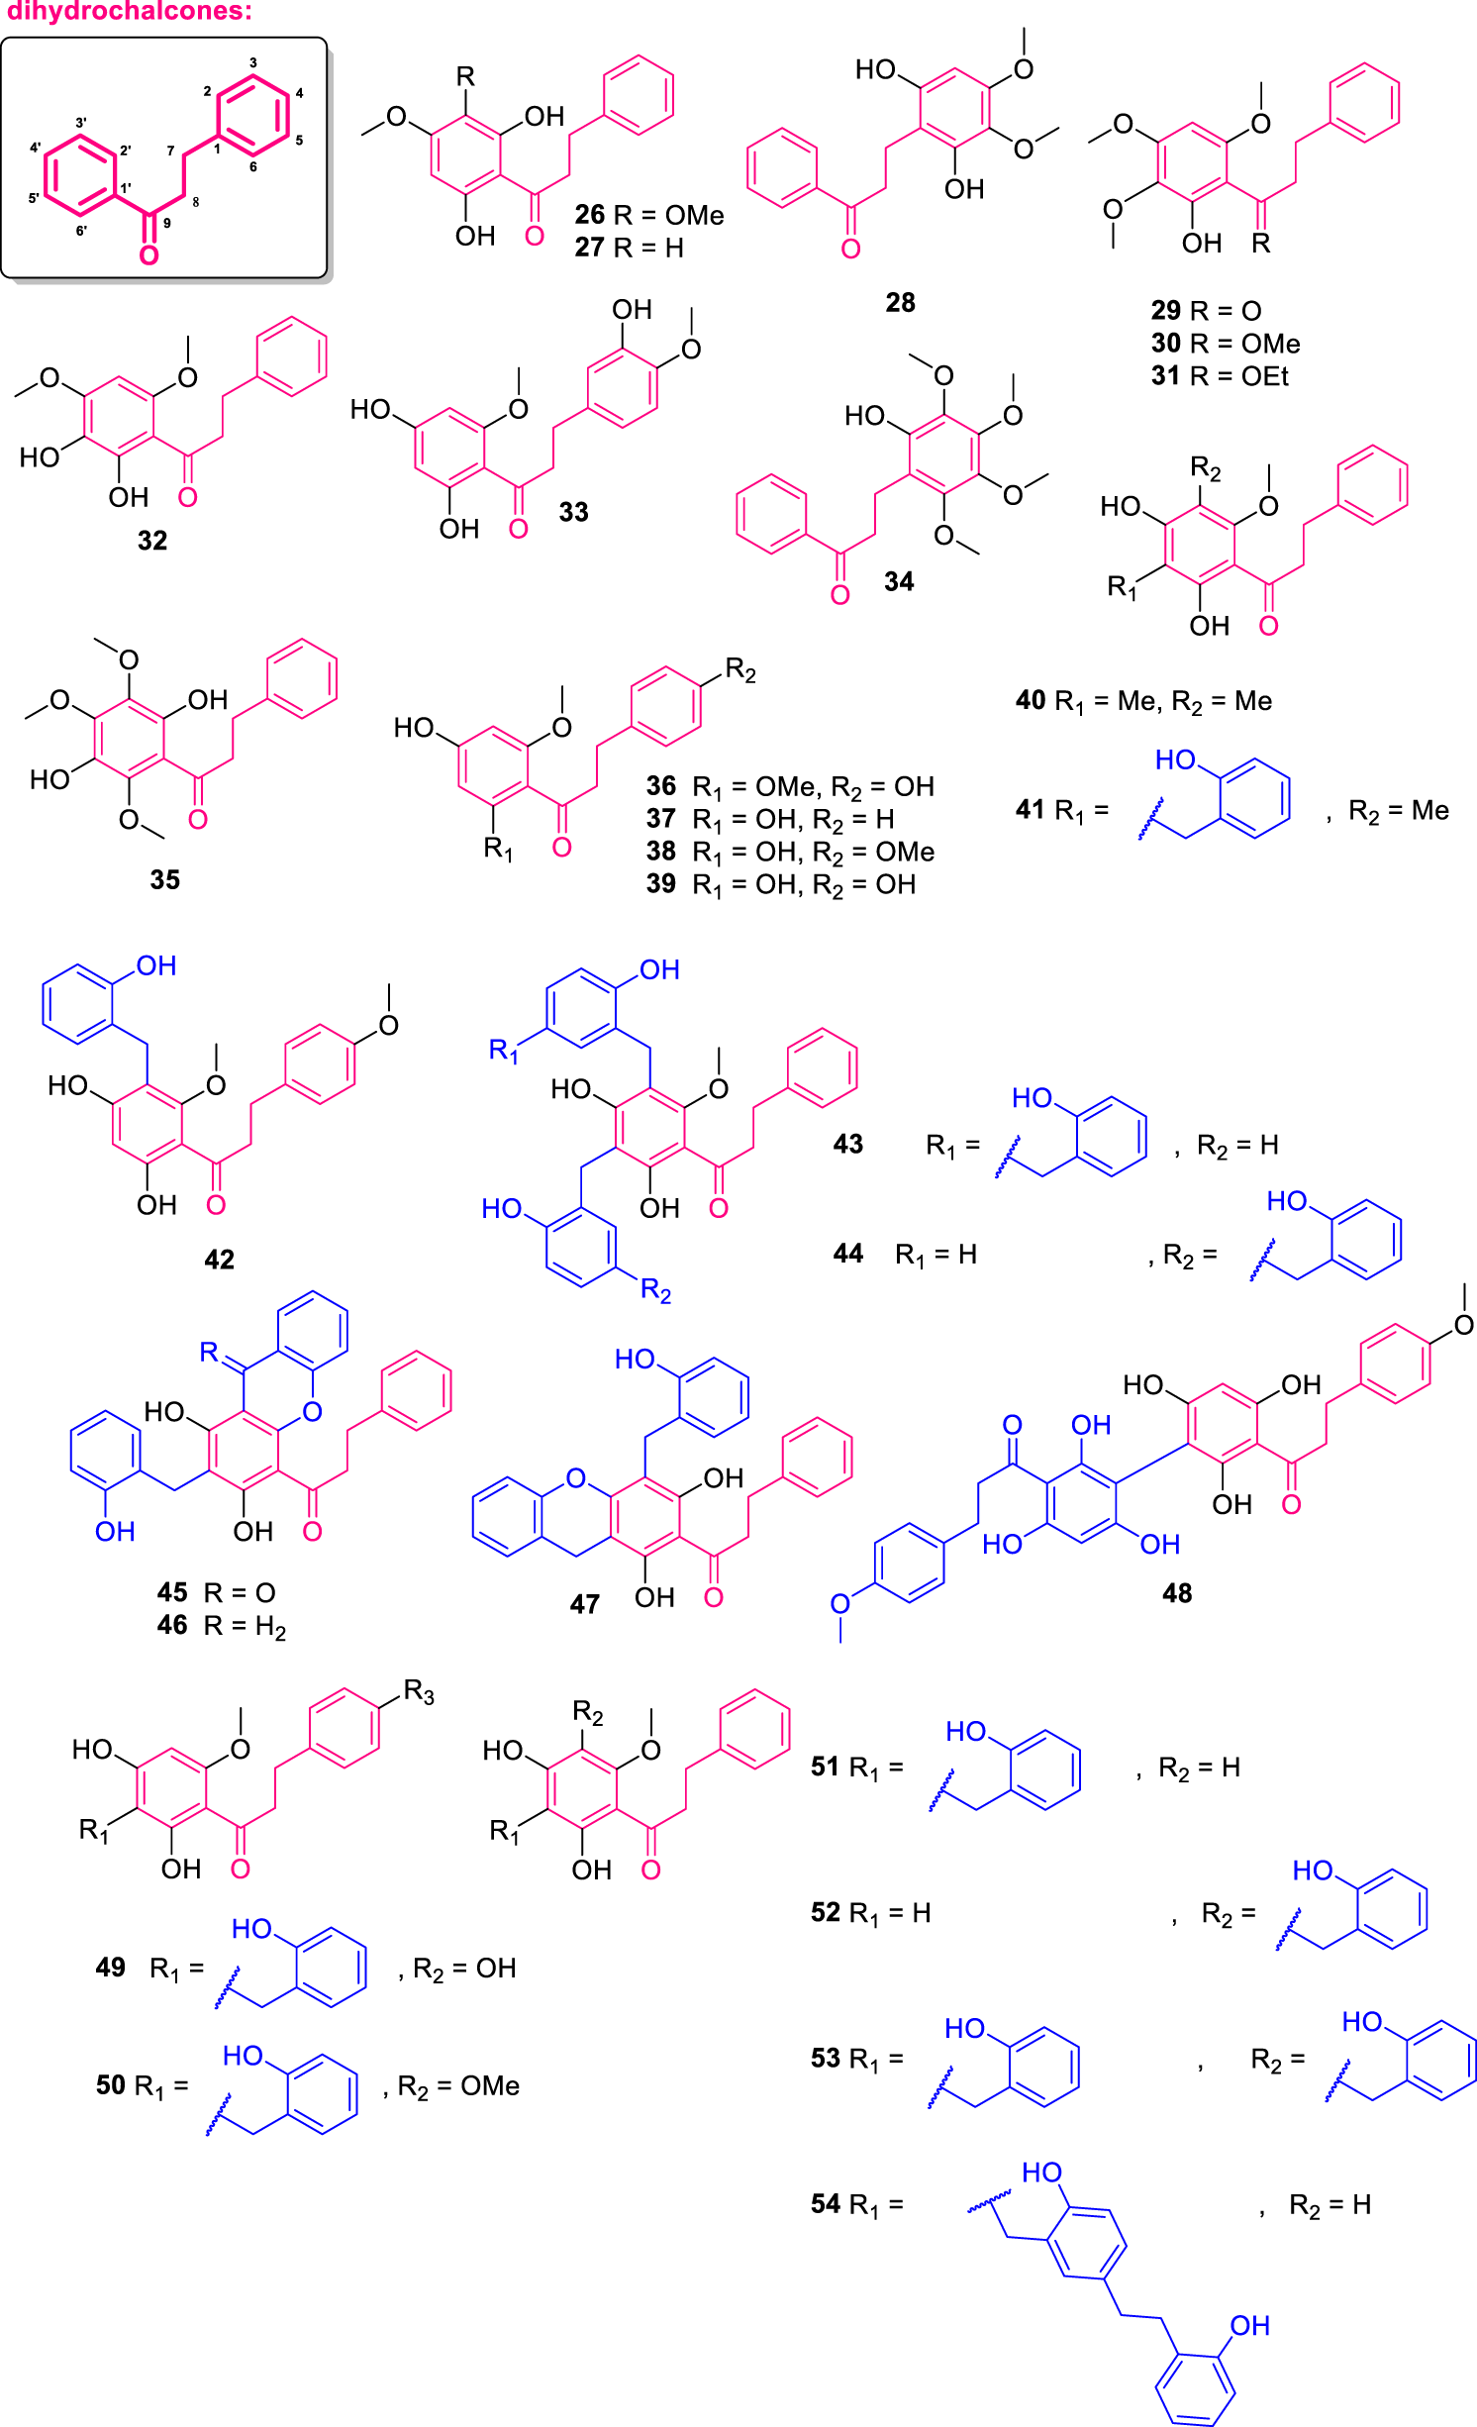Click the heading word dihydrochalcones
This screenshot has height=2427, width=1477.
129,12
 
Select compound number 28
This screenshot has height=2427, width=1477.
900,302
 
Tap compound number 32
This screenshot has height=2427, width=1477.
152,541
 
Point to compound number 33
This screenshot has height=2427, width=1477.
574,512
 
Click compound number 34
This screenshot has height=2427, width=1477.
899,581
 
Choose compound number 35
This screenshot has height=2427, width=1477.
165,879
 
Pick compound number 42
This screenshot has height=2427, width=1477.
219,1260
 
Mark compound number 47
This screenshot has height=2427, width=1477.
584,1604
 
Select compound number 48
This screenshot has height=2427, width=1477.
1177,1593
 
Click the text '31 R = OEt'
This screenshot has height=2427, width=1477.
1220,376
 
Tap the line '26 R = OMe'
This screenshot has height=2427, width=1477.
648,215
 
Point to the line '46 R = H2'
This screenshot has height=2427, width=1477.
221,1626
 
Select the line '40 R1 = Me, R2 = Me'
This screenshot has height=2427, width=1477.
1143,701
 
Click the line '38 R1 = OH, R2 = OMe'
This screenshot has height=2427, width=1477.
790,852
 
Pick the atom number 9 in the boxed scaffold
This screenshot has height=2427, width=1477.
167,224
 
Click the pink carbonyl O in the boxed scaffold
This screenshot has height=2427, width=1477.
148,255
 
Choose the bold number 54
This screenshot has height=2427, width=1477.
826,2204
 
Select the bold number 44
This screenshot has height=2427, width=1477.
848,1254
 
